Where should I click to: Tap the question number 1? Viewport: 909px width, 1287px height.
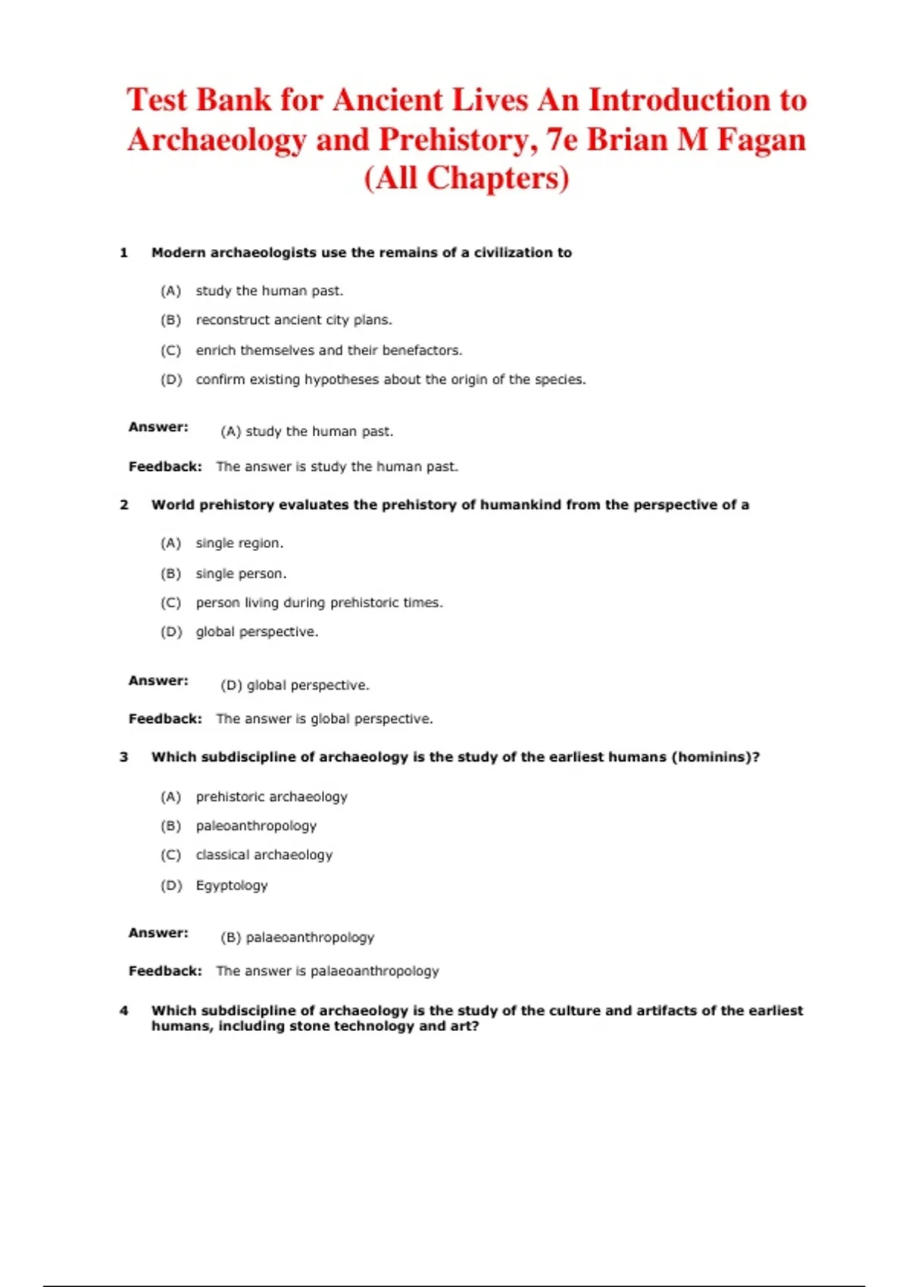pyautogui.click(x=123, y=253)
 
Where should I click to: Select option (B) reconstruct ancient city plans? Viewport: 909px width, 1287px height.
pyautogui.click(x=294, y=320)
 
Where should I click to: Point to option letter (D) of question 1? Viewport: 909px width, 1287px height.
pyautogui.click(x=171, y=380)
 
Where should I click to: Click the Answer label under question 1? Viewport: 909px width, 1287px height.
pyautogui.click(x=158, y=427)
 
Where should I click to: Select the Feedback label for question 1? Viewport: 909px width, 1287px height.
pyautogui.click(x=165, y=467)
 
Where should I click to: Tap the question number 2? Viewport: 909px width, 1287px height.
pyautogui.click(x=123, y=505)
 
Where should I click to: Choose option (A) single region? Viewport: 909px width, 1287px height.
pyautogui.click(x=239, y=544)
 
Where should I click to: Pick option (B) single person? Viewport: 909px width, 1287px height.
pyautogui.click(x=241, y=574)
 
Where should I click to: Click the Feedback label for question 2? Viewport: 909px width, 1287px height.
pyautogui.click(x=165, y=719)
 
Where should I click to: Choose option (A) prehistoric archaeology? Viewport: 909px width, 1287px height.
pyautogui.click(x=271, y=797)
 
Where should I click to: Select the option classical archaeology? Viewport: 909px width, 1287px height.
pyautogui.click(x=264, y=855)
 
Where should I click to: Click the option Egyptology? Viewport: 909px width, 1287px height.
pyautogui.click(x=232, y=886)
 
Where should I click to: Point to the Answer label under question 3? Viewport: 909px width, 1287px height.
pyautogui.click(x=158, y=933)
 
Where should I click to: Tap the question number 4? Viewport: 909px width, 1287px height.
pyautogui.click(x=123, y=1011)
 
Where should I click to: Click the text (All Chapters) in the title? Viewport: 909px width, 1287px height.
pyautogui.click(x=467, y=179)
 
